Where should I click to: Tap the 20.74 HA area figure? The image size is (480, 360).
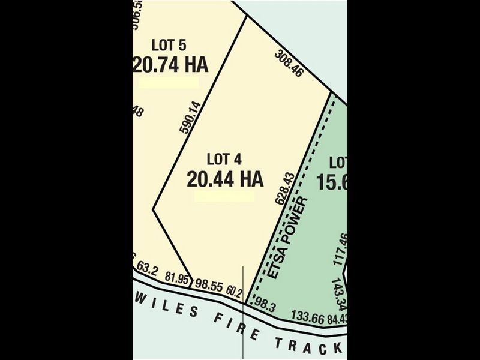tap(170, 65)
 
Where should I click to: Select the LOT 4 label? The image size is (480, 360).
tap(224, 159)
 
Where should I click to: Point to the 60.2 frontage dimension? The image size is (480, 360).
tap(234, 292)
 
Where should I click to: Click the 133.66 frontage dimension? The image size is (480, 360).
tap(307, 316)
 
